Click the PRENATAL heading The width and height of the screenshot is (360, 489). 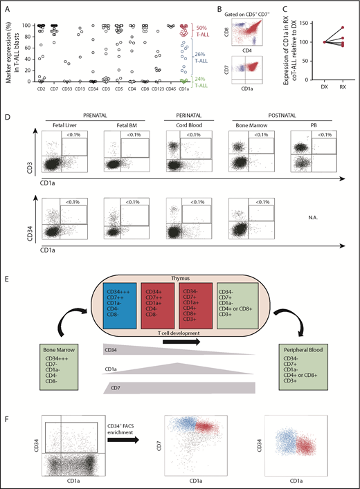pyautogui.click(x=91, y=110)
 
